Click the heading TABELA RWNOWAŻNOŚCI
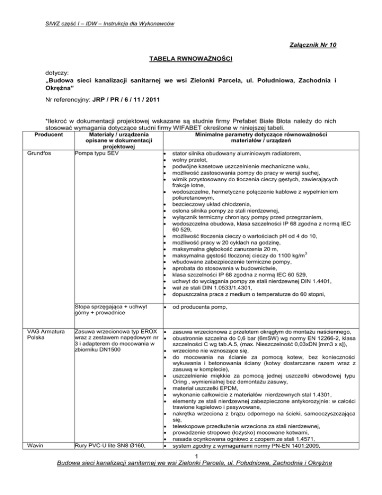[191, 59]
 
